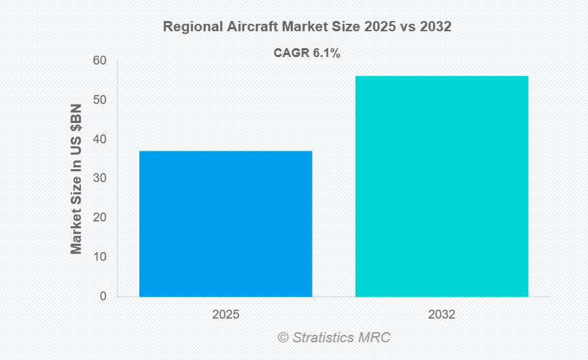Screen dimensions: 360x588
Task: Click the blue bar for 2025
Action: click(x=226, y=223)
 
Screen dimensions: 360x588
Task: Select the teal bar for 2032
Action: click(x=442, y=186)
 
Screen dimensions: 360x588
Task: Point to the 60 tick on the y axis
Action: click(x=100, y=61)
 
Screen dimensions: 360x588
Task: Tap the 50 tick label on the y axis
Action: click(x=100, y=101)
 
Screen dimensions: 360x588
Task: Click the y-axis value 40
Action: click(x=100, y=139)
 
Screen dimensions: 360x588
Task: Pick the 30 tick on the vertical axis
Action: click(x=100, y=179)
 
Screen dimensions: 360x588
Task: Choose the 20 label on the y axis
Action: click(x=100, y=218)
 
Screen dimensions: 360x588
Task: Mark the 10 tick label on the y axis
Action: click(x=100, y=257)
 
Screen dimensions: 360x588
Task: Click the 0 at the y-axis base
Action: click(x=103, y=296)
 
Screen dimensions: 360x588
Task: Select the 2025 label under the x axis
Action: click(x=226, y=315)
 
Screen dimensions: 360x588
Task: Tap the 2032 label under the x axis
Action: click(x=442, y=315)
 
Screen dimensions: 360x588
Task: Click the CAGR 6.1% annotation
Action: click(x=307, y=53)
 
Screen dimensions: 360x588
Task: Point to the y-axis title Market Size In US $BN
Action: click(x=76, y=179)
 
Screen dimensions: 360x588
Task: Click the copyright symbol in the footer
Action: click(x=283, y=338)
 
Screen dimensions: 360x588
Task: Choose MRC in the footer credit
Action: click(x=377, y=338)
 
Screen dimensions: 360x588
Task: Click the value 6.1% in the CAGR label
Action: click(x=326, y=53)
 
